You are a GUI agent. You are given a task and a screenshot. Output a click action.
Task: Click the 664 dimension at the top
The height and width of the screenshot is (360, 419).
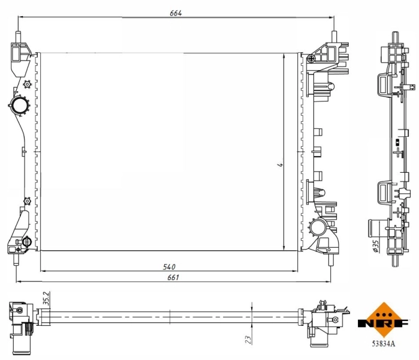175,13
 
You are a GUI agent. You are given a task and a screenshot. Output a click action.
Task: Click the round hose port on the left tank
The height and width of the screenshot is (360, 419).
19,106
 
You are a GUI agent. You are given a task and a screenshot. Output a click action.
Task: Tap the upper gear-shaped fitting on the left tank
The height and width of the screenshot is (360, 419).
26,85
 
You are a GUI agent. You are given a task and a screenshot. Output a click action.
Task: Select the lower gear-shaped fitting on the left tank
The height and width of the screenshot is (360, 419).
26,200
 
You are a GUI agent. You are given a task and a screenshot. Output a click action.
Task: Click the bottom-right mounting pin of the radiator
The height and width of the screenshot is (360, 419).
330,258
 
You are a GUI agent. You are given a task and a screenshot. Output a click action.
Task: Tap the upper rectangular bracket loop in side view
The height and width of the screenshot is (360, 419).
383,84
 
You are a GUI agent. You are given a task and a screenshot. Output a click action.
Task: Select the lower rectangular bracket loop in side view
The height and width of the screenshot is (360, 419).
383,193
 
